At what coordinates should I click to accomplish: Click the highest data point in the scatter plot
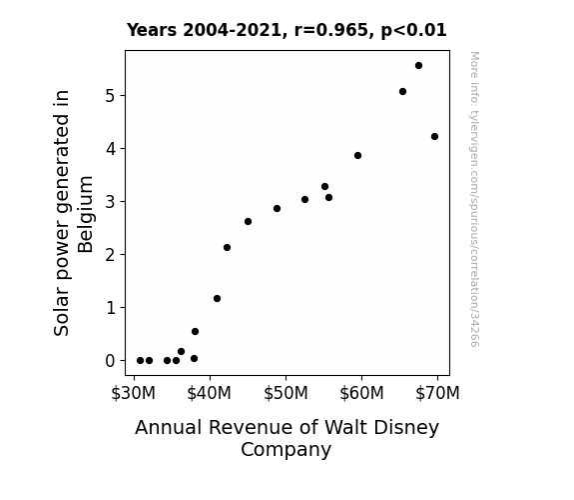[419, 66]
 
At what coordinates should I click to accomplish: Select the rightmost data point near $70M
[434, 136]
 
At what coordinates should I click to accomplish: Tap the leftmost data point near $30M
[140, 361]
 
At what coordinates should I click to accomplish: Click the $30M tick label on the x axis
[133, 393]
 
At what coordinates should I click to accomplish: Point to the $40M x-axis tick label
[209, 393]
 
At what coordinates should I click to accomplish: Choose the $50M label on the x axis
[286, 393]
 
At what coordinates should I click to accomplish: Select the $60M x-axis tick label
[361, 393]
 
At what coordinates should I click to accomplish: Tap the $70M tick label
[437, 393]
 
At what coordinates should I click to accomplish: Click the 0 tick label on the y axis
[110, 361]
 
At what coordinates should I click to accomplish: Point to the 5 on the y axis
[110, 96]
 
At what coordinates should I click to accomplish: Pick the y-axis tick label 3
[110, 202]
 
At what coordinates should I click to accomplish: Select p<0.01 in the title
[413, 31]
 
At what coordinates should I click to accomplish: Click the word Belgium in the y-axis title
[86, 215]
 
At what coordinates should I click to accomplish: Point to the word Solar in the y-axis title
[61, 315]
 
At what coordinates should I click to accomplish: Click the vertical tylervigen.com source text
[474, 199]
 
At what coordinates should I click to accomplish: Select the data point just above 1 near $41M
[217, 299]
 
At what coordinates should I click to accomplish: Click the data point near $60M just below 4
[358, 156]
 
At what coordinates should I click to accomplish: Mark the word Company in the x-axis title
[286, 450]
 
